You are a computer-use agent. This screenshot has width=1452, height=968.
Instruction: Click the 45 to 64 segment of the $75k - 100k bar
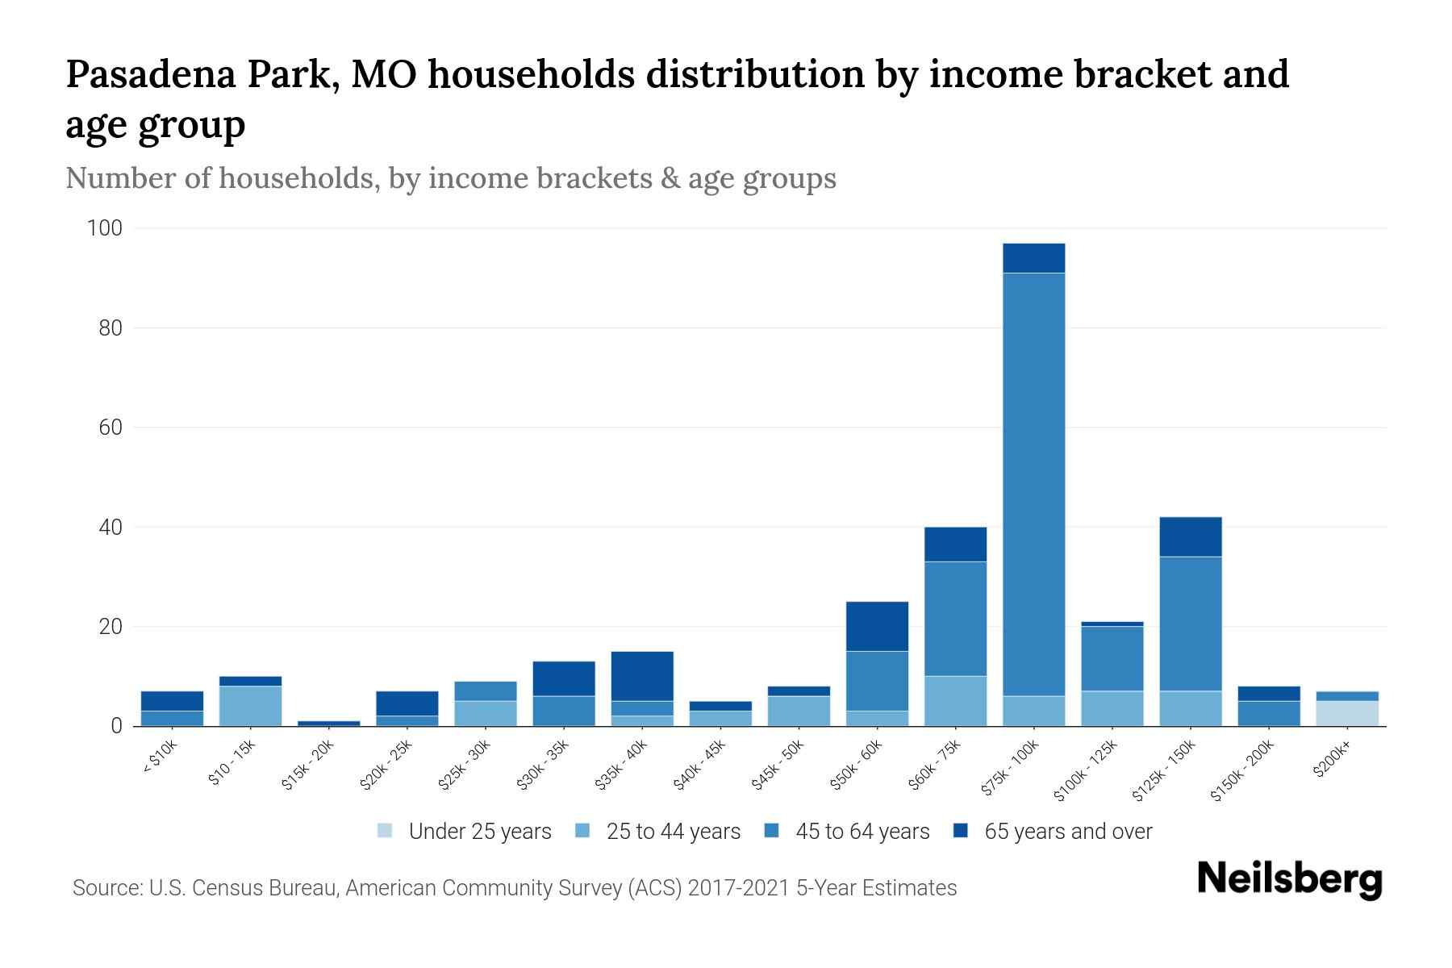[x=1033, y=484]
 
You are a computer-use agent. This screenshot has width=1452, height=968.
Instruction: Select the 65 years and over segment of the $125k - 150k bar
[x=1190, y=536]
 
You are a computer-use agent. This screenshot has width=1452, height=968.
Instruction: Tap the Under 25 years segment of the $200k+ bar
[x=1346, y=713]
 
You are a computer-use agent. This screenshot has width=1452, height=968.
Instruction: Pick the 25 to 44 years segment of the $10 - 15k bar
[x=250, y=706]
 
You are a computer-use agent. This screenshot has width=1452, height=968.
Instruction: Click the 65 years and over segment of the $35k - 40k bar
[x=642, y=676]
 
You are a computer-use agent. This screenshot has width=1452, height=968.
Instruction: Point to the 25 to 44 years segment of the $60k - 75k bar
[x=955, y=700]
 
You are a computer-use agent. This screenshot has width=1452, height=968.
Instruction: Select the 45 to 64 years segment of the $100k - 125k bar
[x=1112, y=658]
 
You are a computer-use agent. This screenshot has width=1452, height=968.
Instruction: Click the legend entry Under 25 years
[x=479, y=832]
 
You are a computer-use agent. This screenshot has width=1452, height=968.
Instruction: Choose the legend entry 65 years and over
[x=1068, y=832]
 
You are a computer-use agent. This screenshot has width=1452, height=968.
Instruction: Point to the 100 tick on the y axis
[x=104, y=228]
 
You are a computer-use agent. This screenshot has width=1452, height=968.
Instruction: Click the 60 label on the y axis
[x=111, y=428]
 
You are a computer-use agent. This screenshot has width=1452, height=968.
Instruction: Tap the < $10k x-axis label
[x=161, y=757]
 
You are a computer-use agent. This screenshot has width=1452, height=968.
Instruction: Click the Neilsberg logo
[x=1289, y=879]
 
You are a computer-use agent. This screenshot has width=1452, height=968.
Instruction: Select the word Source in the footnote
[x=105, y=888]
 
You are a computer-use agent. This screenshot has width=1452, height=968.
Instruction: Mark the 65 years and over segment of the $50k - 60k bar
[x=877, y=626]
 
